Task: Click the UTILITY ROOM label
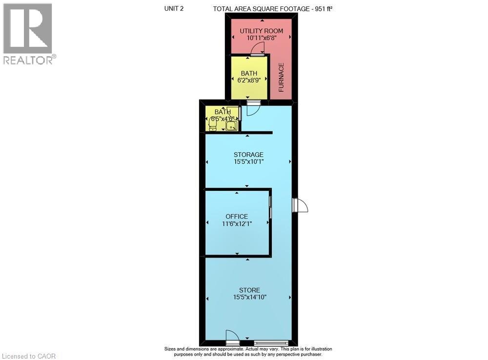pyautogui.click(x=261, y=31)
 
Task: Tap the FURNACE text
pyautogui.click(x=282, y=77)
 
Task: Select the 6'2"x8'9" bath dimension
pyautogui.click(x=249, y=80)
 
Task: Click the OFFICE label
pyautogui.click(x=237, y=216)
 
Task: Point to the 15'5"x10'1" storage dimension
pyautogui.click(x=249, y=162)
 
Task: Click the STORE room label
pyautogui.click(x=249, y=290)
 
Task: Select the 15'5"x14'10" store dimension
pyautogui.click(x=250, y=297)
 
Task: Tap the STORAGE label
pyautogui.click(x=249, y=154)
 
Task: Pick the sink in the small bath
pyautogui.click(x=231, y=126)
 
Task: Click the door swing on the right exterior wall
pyautogui.click(x=300, y=205)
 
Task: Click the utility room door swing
pyautogui.click(x=258, y=49)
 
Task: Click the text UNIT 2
pyautogui.click(x=174, y=8)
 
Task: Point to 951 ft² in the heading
pyautogui.click(x=324, y=9)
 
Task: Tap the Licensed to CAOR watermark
pyautogui.click(x=29, y=356)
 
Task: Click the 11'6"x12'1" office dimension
pyautogui.click(x=237, y=224)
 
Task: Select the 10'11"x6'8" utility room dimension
pyautogui.click(x=262, y=38)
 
